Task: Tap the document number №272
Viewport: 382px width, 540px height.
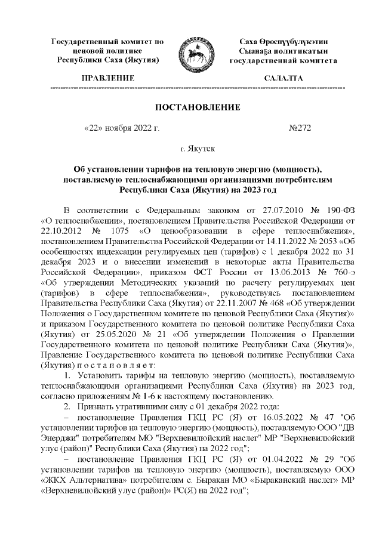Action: (300, 127)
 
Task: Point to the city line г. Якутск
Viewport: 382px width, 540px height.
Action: (198, 147)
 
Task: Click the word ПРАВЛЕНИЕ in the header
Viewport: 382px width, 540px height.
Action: (107, 78)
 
